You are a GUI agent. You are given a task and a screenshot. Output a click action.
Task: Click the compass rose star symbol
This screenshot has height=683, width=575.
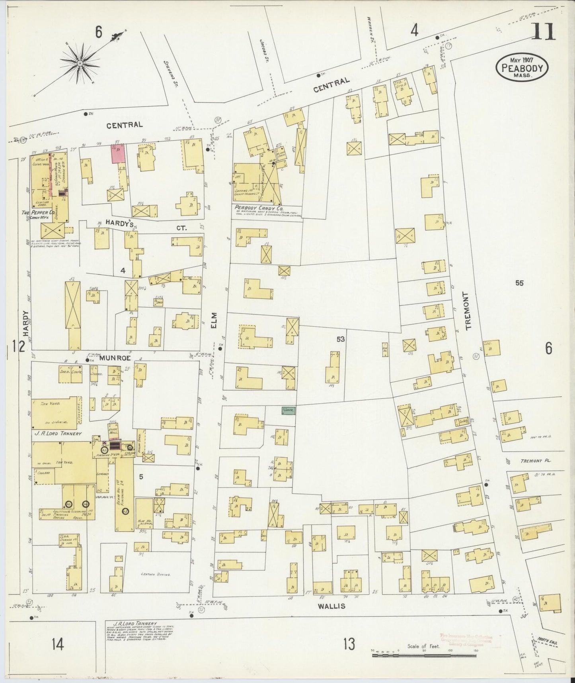click(x=80, y=63)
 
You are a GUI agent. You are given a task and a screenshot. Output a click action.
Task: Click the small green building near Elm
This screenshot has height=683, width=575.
click(x=288, y=410)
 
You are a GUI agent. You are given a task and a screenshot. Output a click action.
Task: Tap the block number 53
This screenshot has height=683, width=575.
click(x=341, y=339)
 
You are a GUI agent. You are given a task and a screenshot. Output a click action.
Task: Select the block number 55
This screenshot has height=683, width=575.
click(x=519, y=283)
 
